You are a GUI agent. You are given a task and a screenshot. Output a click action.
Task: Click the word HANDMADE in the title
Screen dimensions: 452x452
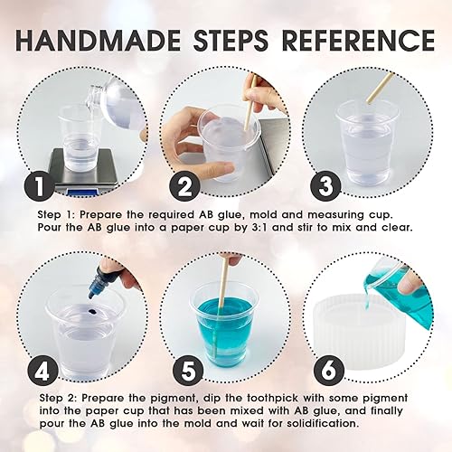point(98,41)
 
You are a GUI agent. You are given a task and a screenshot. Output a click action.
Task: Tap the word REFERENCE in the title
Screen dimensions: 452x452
point(358,41)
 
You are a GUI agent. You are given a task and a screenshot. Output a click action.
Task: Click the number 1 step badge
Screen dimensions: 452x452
point(40,186)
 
